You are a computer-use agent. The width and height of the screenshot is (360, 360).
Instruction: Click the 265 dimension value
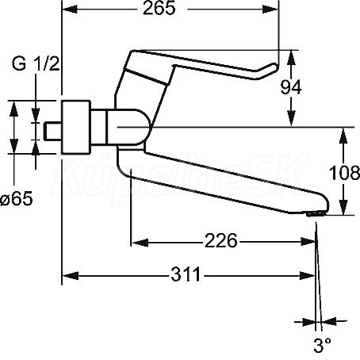pyautogui.click(x=159, y=9)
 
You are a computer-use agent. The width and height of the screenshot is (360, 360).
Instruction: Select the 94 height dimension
pyautogui.click(x=291, y=87)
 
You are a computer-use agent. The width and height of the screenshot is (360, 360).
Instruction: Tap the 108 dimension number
pyautogui.click(x=344, y=174)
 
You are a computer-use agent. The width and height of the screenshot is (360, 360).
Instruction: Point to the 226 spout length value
pyautogui.click(x=221, y=241)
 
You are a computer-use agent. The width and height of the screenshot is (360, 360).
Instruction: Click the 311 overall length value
pyautogui.click(x=186, y=274)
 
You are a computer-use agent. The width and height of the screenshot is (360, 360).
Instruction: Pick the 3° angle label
pyautogui.click(x=322, y=345)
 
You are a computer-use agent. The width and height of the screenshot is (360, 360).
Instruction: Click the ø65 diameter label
pyautogui.click(x=17, y=198)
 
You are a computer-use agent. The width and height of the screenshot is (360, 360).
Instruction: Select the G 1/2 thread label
pyautogui.click(x=36, y=64)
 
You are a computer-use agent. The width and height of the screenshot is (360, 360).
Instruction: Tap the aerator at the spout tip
pyautogui.click(x=316, y=213)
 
